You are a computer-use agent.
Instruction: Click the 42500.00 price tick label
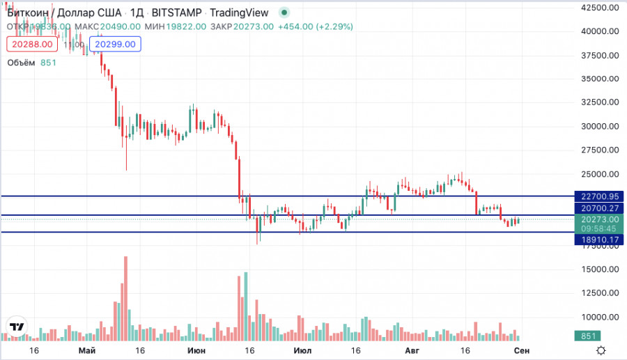601,8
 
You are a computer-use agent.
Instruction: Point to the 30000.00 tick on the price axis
601,126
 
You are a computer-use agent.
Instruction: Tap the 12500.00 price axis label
601,292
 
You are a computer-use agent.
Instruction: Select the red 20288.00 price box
31,44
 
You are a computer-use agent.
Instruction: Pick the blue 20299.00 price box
116,44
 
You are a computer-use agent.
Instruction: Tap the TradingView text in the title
239,13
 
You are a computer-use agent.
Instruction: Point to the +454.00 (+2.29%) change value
316,26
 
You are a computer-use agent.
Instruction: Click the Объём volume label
21,63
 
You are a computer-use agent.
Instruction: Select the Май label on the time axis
86,350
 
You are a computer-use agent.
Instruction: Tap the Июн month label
197,350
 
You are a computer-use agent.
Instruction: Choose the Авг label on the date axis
414,350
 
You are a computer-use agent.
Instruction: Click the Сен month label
522,350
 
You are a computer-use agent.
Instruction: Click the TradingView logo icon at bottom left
17,327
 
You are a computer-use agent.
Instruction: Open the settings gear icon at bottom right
601,350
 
